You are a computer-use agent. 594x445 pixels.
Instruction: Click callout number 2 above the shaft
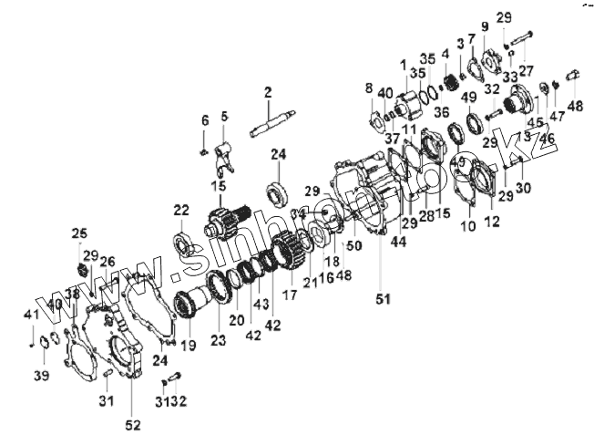coord(268,92)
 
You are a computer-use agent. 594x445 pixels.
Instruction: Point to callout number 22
coord(182,211)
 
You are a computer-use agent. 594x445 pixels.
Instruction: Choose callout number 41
coord(30,315)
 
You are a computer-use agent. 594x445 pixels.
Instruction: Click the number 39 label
coord(40,375)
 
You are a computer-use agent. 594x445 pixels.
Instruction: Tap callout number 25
coord(79,234)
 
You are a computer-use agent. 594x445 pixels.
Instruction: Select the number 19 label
coord(189,346)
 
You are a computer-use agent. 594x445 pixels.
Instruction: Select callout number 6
coord(205,120)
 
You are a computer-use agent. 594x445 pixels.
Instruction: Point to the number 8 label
coord(369,88)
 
